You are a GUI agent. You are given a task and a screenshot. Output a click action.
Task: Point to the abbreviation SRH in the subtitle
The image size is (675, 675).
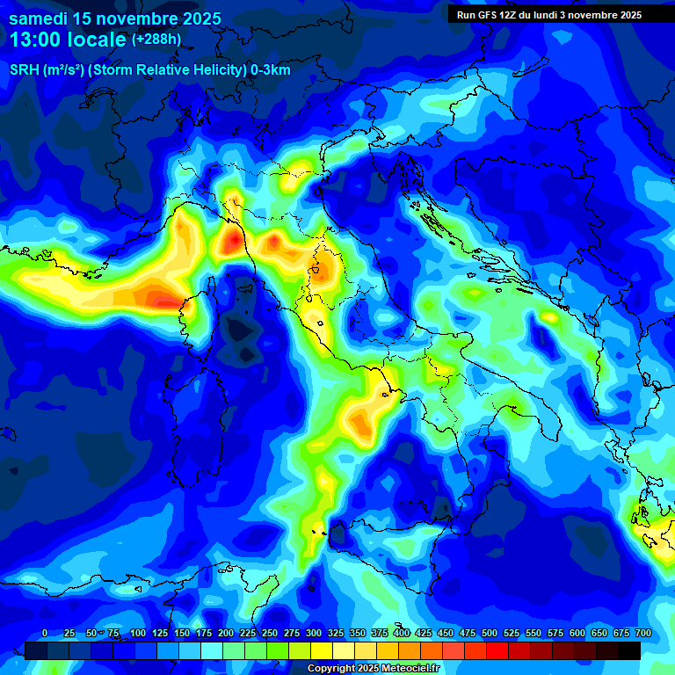[x=24, y=70]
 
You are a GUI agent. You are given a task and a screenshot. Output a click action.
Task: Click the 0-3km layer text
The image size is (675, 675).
[x=270, y=70]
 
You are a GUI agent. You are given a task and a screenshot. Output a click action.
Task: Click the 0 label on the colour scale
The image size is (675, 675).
[x=45, y=633]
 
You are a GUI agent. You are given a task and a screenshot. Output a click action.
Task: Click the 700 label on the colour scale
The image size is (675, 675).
[x=643, y=633]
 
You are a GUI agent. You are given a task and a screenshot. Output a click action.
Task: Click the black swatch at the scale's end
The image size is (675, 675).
[x=628, y=650]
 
